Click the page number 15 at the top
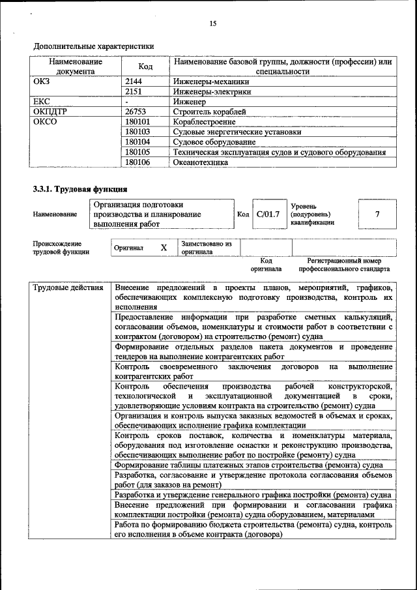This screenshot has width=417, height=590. pos(212,23)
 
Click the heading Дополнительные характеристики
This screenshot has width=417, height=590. pos(94,46)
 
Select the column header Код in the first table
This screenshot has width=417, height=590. pos(145,66)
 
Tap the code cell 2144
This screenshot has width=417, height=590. pos(134,82)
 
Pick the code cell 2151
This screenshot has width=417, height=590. pos(134,92)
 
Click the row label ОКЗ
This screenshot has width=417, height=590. pos(42,82)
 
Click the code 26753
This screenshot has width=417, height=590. pos(136,111)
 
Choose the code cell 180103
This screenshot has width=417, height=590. pos(137,132)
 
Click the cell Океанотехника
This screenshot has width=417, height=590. pos(201,162)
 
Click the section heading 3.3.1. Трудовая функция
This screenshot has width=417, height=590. pos(80,190)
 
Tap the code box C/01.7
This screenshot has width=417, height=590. pos(267,214)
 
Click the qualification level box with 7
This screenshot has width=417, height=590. pos(377,214)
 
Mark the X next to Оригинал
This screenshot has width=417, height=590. pos(164,248)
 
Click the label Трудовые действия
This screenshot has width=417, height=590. pos(68,288)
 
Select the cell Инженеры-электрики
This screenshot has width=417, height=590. pos(212,92)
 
